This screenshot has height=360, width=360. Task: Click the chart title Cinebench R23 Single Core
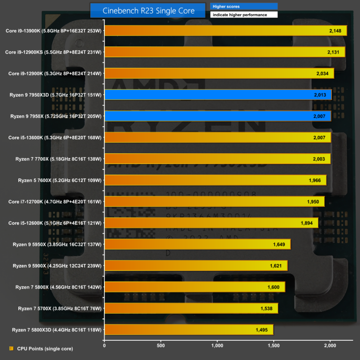[148, 10]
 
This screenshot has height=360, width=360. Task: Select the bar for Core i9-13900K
[225, 30]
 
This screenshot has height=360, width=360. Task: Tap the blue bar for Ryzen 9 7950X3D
[217, 95]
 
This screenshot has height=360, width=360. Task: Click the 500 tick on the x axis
[161, 345]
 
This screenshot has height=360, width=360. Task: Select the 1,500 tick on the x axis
[274, 345]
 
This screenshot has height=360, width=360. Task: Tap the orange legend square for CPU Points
[11, 348]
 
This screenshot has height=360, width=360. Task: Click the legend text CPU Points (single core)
[45, 348]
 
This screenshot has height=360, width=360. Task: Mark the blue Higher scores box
[243, 7]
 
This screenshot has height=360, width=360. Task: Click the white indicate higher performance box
[243, 15]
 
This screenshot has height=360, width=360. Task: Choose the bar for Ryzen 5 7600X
[215, 180]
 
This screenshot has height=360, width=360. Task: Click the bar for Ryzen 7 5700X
[191, 308]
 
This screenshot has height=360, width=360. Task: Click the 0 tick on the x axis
[104, 345]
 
